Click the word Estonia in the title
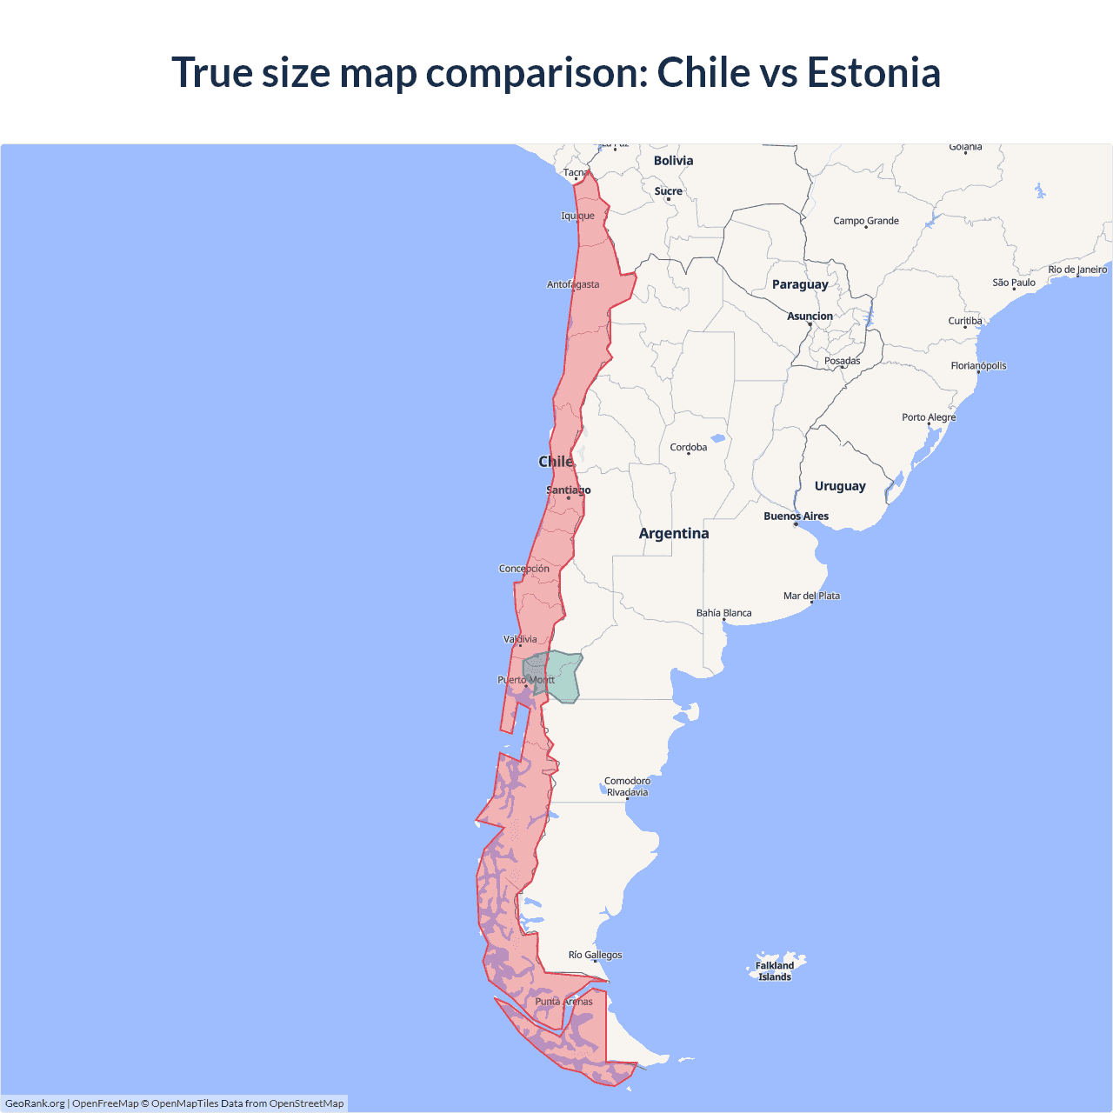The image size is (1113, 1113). tap(873, 72)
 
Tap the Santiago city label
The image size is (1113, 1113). tap(568, 490)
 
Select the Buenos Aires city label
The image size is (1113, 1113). tap(796, 517)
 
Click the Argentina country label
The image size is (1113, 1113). tap(674, 534)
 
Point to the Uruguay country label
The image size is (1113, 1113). tap(840, 486)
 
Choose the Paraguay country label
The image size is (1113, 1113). tap(800, 284)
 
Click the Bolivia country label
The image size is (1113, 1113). tap(673, 161)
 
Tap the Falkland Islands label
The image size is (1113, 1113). tap(775, 971)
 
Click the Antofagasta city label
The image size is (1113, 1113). tap(573, 284)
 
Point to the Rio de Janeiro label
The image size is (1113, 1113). tap(1077, 270)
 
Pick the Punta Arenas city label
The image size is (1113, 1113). tap(563, 1002)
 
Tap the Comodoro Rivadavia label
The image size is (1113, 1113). tap(627, 787)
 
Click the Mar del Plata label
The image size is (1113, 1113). tap(811, 596)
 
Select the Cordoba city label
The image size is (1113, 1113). tap(689, 448)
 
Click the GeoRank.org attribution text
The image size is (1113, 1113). tap(35, 1103)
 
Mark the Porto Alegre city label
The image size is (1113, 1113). tap(929, 417)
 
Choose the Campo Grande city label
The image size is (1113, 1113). tap(866, 221)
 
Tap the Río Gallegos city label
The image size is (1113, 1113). tap(595, 955)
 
